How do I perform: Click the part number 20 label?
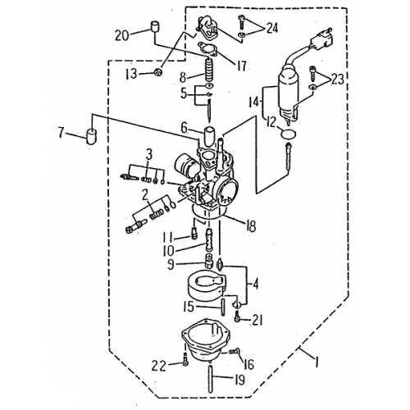click(x=122, y=35)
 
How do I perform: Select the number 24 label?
click(x=273, y=28)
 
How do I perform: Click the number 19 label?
click(x=239, y=380)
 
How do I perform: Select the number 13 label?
click(x=130, y=75)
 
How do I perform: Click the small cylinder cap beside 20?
click(x=153, y=33)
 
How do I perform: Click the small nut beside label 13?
click(x=154, y=73)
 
